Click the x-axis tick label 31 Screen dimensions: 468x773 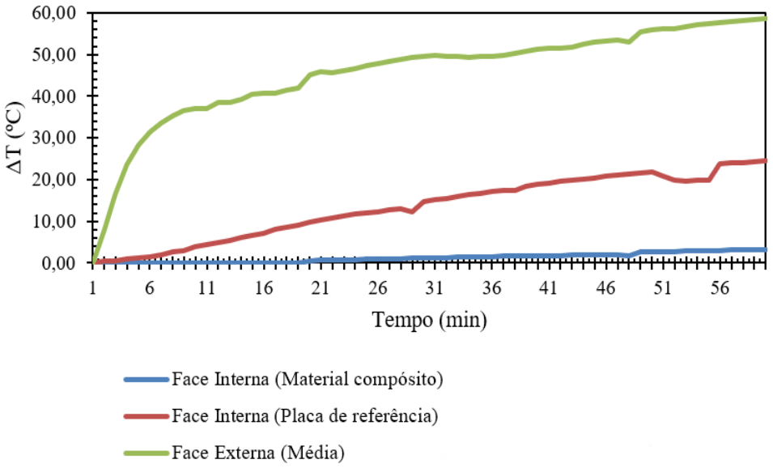[434, 289]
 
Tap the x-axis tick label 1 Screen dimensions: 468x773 [94, 289]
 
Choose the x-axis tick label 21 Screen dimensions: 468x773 [321, 289]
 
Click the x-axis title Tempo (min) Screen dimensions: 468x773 [430, 321]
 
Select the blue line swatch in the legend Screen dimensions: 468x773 [146, 379]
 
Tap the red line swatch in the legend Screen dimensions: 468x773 [146, 416]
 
